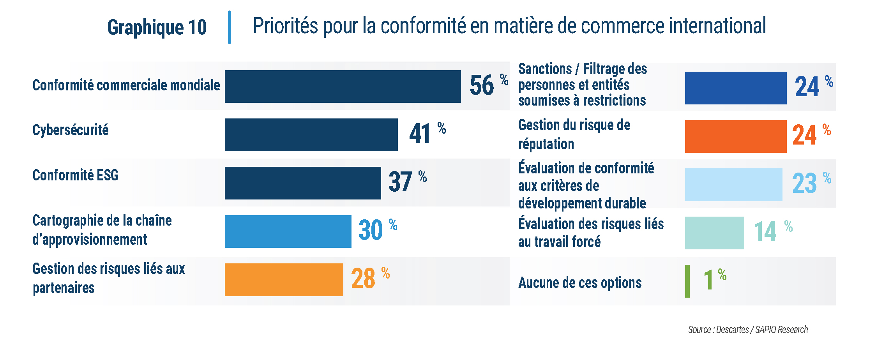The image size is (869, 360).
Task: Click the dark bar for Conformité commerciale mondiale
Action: (x=343, y=86)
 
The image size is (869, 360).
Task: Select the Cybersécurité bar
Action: (x=311, y=135)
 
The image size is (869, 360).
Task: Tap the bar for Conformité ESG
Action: (x=303, y=183)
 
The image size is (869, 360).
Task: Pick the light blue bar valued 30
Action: (x=288, y=231)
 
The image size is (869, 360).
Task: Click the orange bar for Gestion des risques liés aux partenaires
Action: (x=284, y=280)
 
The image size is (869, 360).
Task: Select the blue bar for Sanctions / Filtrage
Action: (x=736, y=88)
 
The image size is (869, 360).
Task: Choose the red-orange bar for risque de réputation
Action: (x=736, y=136)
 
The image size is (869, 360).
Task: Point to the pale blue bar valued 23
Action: (x=733, y=185)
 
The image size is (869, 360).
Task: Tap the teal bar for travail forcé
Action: (x=714, y=233)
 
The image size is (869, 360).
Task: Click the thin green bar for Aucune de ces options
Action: (x=687, y=281)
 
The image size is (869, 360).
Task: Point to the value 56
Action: (x=482, y=86)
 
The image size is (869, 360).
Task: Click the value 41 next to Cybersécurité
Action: (x=420, y=134)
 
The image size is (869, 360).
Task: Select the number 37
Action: (x=400, y=182)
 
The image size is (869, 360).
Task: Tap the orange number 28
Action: (x=363, y=279)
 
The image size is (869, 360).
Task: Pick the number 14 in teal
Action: (x=765, y=232)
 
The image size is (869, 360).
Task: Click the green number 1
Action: (x=708, y=280)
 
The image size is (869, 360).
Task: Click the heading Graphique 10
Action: (x=157, y=27)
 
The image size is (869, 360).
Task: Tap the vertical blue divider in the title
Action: (x=230, y=27)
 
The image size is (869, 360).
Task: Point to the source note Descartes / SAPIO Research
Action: (x=748, y=330)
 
